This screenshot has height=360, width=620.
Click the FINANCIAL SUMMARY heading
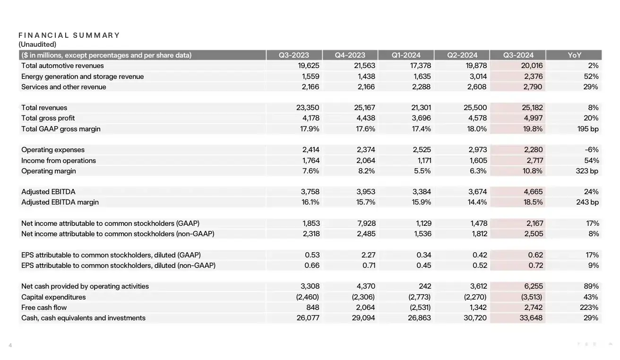click(69, 35)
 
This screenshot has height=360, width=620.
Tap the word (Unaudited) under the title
click(37, 44)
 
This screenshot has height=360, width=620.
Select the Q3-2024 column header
click(518, 55)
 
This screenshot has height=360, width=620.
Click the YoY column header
click(575, 55)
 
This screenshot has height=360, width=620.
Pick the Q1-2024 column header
click(406, 55)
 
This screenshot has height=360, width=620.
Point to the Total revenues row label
click(44, 108)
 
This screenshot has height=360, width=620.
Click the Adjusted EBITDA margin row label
click(60, 202)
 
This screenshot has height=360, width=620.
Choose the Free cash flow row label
click(44, 308)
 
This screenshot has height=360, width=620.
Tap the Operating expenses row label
click(53, 150)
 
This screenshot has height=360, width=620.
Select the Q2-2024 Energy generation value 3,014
click(477, 77)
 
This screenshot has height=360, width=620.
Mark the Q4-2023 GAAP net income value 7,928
click(366, 223)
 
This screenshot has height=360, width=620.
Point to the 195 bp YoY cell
click(588, 129)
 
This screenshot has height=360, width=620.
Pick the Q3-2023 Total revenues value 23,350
click(308, 108)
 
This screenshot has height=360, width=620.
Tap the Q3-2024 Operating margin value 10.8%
click(532, 171)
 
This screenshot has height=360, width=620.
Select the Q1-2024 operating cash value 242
click(425, 286)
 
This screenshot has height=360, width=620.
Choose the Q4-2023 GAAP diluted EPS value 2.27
click(369, 255)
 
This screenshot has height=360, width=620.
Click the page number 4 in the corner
click(10, 345)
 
